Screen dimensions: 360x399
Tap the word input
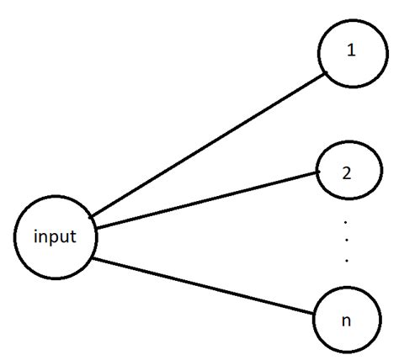pos(56,236)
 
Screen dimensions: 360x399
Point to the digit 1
pos(352,50)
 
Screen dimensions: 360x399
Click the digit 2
pos(347,174)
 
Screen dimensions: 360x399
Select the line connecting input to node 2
pos(206,199)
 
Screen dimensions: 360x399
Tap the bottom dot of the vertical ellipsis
pos(347,261)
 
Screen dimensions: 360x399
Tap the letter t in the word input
pos(74,236)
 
